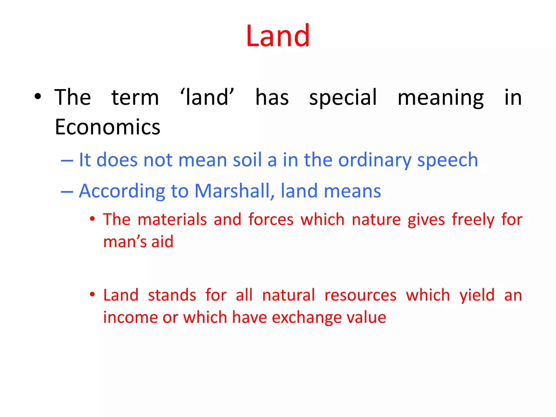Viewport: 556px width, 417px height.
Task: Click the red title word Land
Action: tap(278, 36)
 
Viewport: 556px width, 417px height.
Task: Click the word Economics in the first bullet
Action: tap(108, 127)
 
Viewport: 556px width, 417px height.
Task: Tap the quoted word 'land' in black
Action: tap(207, 97)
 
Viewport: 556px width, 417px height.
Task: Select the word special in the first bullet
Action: tap(343, 97)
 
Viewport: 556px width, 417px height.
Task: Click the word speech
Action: tap(447, 160)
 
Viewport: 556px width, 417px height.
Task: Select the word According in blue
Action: tap(122, 191)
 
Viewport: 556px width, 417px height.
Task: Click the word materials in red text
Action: tap(172, 219)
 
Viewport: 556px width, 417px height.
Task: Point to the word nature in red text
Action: tap(376, 219)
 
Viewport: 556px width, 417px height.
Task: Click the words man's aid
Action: tap(138, 242)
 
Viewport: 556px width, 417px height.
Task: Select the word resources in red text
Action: tap(360, 295)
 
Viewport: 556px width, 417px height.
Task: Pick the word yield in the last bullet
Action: tap(477, 295)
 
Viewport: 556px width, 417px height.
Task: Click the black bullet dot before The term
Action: tap(38, 96)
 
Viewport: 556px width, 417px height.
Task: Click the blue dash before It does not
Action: tap(67, 160)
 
